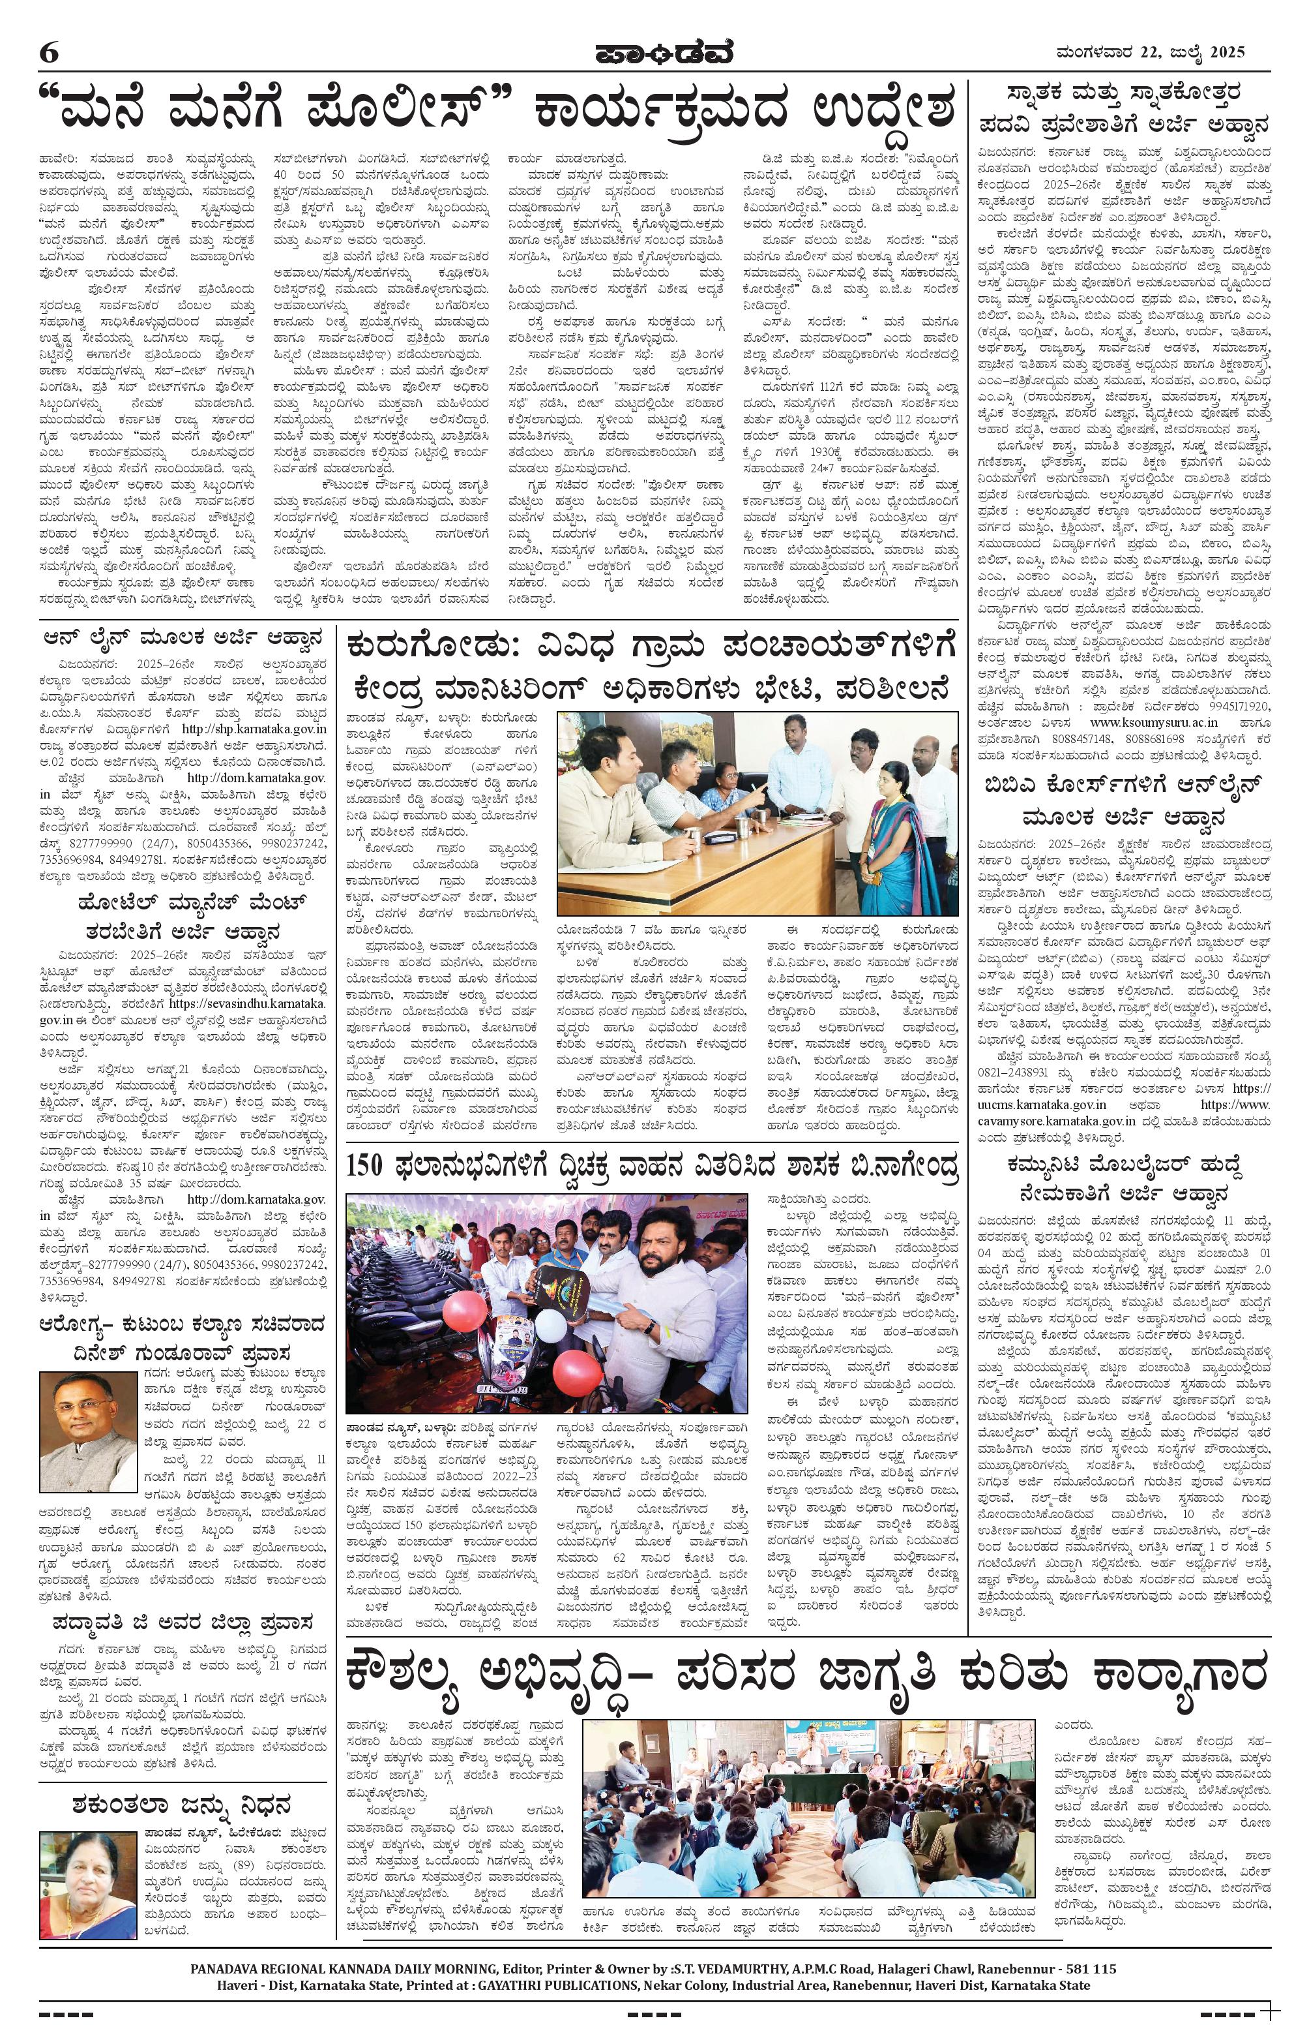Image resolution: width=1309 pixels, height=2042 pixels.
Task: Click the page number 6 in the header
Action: coord(48,52)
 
